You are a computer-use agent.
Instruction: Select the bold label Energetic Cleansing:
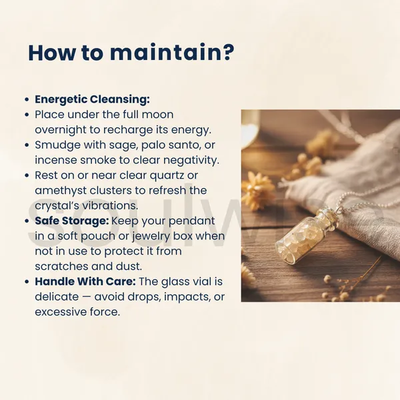(92, 99)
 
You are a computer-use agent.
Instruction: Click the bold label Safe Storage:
(72, 221)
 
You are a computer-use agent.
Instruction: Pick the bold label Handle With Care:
(85, 281)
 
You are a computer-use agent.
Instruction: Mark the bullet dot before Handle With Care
(27, 281)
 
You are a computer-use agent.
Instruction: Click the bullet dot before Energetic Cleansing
(27, 99)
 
